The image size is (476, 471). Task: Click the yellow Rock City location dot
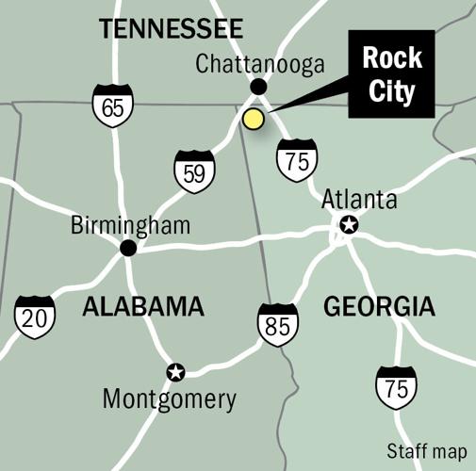[252, 119]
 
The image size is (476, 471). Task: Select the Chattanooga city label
[259, 64]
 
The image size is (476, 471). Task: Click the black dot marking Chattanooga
[259, 87]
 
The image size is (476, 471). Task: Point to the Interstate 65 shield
[112, 106]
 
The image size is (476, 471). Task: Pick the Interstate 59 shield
[194, 172]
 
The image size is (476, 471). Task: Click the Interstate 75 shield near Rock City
[297, 158]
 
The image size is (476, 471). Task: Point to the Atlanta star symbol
[349, 224]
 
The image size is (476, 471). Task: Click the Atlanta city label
[359, 200]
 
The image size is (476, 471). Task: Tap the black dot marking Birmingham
[128, 249]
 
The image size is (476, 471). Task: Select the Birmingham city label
[131, 226]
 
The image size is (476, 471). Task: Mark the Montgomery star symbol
[175, 372]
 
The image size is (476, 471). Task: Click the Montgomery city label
[170, 399]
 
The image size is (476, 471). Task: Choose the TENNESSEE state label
[172, 28]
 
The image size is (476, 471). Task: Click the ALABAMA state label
[143, 306]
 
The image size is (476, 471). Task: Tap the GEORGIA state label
[379, 306]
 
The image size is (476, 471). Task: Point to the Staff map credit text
[425, 449]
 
